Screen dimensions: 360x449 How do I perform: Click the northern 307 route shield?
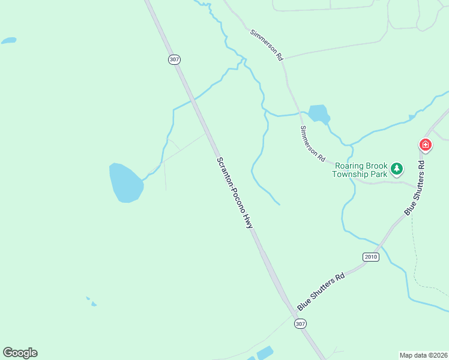(x=174, y=59)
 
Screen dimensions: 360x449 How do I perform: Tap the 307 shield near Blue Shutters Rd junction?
(x=301, y=323)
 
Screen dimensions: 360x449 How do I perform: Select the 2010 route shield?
(x=371, y=257)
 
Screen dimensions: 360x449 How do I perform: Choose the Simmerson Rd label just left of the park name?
(x=313, y=143)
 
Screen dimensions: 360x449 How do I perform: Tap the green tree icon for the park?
(x=396, y=169)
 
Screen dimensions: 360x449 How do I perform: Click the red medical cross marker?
(x=425, y=145)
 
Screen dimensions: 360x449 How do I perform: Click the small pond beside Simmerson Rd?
(x=318, y=113)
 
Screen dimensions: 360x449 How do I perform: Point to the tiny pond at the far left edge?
(x=8, y=41)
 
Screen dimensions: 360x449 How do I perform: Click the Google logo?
(x=20, y=353)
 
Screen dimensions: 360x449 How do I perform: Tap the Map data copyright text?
(x=423, y=355)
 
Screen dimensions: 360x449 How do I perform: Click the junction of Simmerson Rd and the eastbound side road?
(x=284, y=59)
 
